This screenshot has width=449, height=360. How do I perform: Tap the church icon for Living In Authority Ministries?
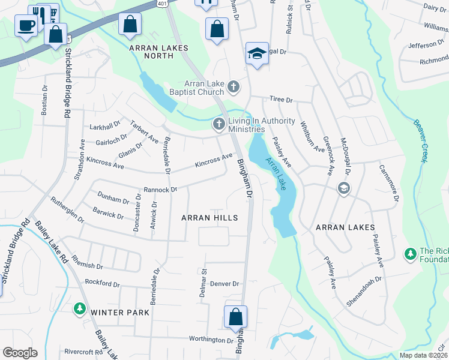pos(218,124)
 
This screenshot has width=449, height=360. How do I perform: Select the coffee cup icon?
pos(26,26)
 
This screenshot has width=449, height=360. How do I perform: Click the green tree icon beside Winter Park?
pos(79,308)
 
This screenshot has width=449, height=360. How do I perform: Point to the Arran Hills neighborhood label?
pos(209,218)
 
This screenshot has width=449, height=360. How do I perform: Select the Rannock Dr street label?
pos(160,189)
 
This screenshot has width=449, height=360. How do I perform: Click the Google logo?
pos(20,353)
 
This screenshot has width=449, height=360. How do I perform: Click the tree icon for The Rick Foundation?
pos(411,254)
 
